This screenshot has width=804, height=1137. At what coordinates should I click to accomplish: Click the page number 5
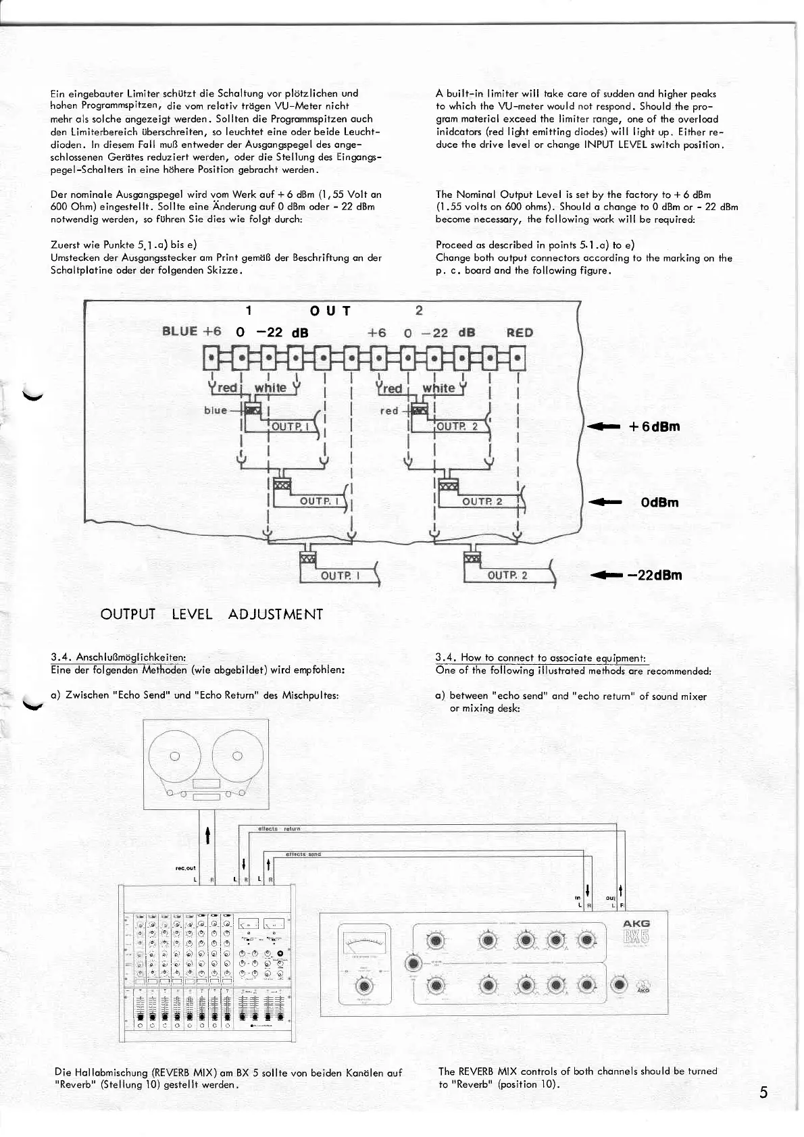[x=763, y=1092]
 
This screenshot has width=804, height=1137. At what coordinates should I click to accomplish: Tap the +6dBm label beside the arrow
[x=654, y=426]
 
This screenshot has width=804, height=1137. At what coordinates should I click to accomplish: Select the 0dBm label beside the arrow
[x=659, y=502]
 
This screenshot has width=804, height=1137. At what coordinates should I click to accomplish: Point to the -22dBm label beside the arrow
[x=655, y=575]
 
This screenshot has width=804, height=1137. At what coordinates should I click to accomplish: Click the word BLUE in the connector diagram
[x=180, y=331]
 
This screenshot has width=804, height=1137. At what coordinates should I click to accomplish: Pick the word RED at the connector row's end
[x=520, y=332]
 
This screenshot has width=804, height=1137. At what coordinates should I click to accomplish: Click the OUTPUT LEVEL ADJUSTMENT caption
[x=211, y=614]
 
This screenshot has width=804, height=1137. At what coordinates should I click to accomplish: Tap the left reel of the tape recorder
[x=174, y=756]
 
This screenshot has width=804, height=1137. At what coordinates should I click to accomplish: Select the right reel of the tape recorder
[x=236, y=756]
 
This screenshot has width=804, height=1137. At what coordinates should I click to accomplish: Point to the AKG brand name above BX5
[x=636, y=924]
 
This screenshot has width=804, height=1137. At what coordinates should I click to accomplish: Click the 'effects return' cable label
[x=279, y=828]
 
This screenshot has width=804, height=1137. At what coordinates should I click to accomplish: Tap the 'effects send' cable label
[x=303, y=854]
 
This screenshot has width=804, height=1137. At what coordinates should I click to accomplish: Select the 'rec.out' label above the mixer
[x=185, y=868]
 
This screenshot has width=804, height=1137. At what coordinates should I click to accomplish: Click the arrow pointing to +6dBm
[x=604, y=427]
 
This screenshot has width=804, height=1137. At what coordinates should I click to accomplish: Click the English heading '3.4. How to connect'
[x=541, y=658]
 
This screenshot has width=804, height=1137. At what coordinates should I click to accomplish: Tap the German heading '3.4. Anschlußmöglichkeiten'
[x=119, y=657]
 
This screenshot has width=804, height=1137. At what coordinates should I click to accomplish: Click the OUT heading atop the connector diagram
[x=330, y=311]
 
